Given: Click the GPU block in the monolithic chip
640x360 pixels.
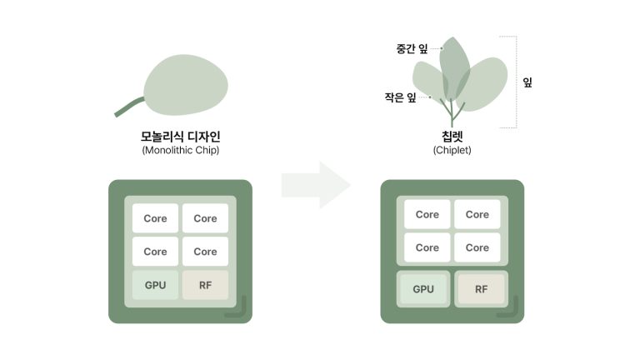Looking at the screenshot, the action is [155, 285].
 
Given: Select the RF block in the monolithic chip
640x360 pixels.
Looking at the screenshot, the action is [205, 285].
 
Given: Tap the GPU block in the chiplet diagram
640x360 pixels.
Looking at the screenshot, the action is [423, 289].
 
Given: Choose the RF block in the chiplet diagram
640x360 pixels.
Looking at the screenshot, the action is [481, 289].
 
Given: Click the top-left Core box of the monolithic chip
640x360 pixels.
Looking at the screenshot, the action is [155, 218].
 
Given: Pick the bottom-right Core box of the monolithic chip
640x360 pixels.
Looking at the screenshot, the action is [205, 252].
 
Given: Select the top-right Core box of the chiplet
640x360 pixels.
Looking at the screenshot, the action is [477, 214].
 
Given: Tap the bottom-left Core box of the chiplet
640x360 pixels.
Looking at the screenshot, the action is [427, 247].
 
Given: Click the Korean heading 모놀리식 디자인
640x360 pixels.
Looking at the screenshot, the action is [180, 137].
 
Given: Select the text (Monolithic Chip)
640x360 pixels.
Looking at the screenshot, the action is [180, 150].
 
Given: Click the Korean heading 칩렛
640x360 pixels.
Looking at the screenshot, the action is [452, 137].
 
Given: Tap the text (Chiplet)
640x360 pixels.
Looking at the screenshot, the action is [452, 150].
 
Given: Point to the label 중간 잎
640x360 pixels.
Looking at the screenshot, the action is [412, 49].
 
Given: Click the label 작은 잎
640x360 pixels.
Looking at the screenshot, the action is [400, 97].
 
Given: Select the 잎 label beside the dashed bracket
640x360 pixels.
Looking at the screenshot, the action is [527, 82].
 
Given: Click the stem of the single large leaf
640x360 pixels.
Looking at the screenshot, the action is [128, 107].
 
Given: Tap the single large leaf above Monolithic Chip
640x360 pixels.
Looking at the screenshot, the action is [186, 85].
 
